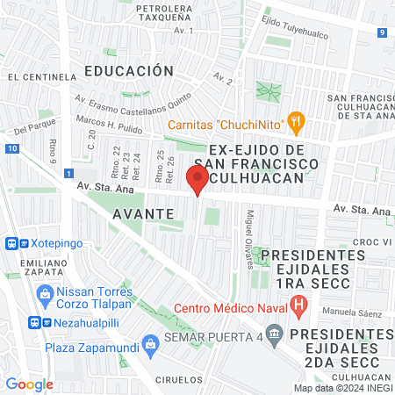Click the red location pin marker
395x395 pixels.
tap(197, 180)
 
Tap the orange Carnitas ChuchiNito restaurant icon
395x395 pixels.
tap(296, 123)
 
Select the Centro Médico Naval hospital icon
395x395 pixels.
tap(299, 306)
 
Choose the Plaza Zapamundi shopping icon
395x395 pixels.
tap(150, 341)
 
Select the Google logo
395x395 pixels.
tap(29, 384)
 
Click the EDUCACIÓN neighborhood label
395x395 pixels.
tap(129, 70)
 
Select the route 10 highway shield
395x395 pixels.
tap(11, 149)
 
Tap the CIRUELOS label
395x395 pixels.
tap(176, 379)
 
